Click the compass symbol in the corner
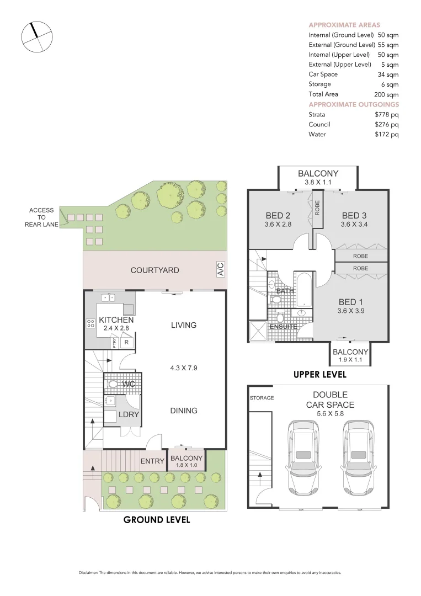pos(37,38)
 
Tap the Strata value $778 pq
pos(386,115)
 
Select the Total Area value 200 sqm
pos(386,94)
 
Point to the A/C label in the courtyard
pos(220,269)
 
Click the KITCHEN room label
pos(116,320)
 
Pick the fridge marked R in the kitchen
pos(126,342)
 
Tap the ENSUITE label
pos(284,327)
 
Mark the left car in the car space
pos(303,458)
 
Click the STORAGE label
pos(262,397)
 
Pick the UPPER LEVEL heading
pos(319,374)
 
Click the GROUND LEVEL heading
pos(157,519)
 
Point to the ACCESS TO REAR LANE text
pos(42,217)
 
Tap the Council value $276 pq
pos(386,125)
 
